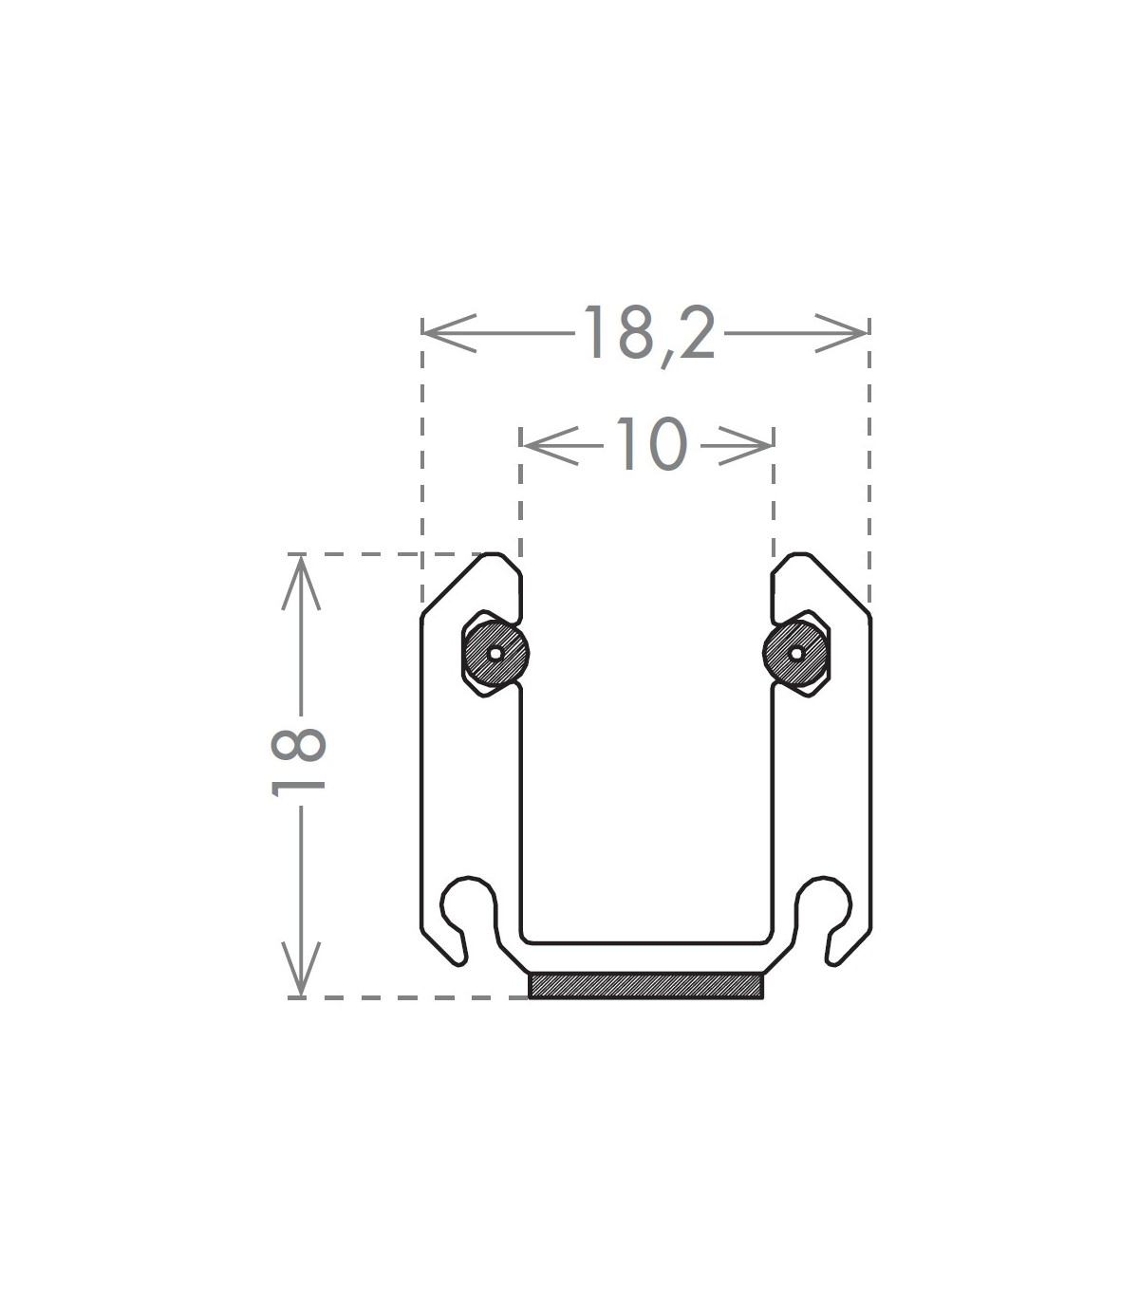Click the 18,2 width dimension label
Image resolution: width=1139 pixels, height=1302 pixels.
pos(649,335)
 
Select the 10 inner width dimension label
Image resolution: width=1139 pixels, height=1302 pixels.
pos(651,444)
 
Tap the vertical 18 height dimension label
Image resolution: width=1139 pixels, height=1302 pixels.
pos(298,762)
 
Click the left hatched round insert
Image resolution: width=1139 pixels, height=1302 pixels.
pos(496,654)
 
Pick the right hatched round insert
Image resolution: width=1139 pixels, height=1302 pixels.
pos(796,654)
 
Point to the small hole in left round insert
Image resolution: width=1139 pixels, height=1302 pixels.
pos(495,654)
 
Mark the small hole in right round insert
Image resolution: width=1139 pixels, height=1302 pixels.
pos(796,654)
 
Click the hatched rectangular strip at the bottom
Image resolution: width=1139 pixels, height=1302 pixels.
pos(645,985)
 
